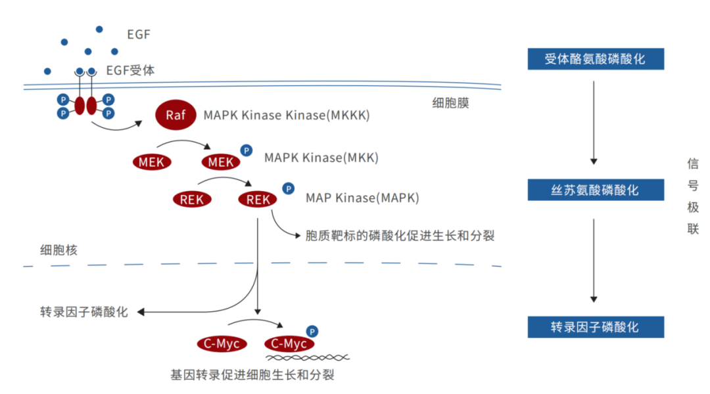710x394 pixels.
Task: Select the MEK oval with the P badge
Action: tap(220, 162)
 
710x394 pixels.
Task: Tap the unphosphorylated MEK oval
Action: tap(152, 162)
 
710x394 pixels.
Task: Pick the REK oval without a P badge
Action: tap(192, 199)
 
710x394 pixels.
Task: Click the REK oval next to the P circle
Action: tap(258, 199)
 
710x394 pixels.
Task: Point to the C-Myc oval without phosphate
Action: tap(222, 343)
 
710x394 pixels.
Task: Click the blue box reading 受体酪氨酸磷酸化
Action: tap(596, 59)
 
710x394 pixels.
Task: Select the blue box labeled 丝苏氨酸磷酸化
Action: tap(596, 190)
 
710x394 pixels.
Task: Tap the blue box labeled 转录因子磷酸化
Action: tap(596, 327)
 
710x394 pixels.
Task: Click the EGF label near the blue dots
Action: tap(139, 34)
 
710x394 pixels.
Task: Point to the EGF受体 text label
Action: tap(130, 70)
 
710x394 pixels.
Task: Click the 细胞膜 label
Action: tap(450, 103)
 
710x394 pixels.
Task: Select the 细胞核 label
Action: tap(59, 250)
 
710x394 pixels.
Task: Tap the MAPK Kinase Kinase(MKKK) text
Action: tap(287, 116)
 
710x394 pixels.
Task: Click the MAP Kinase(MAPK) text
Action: tap(362, 198)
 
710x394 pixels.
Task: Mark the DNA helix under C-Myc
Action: tap(307, 357)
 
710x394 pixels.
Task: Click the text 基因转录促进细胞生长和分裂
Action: tap(252, 376)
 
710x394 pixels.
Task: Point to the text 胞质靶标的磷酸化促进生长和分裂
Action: tap(400, 236)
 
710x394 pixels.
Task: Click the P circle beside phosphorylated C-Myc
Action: tap(312, 332)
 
